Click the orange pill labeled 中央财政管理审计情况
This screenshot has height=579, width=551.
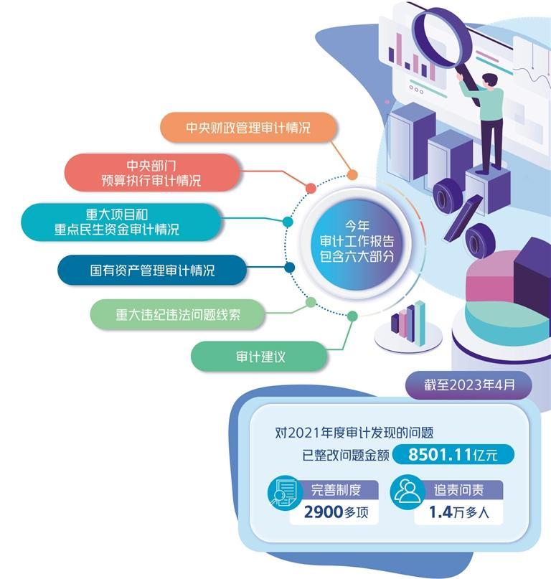(248, 128)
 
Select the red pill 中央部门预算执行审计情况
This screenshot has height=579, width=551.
(151, 173)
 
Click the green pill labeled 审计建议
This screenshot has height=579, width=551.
(260, 356)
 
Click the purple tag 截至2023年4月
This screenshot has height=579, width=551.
(469, 385)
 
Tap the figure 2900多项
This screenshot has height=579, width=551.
(334, 512)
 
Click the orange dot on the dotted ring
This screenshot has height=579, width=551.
(352, 174)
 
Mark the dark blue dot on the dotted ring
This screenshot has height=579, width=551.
(290, 268)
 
